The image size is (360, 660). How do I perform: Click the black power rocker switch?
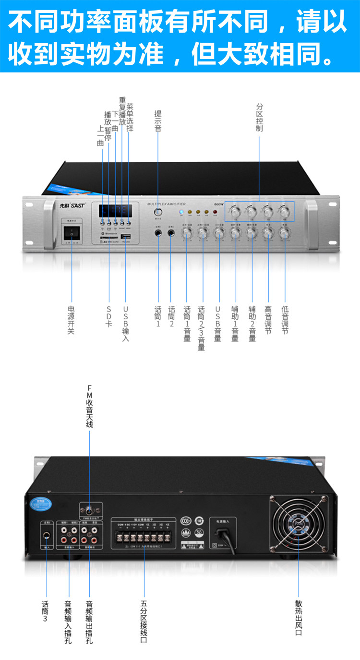coord(72,233)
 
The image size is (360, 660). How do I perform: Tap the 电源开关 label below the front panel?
coord(72,320)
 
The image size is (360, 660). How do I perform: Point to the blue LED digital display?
coord(115,211)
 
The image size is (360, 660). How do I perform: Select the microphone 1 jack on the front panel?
coord(158,233)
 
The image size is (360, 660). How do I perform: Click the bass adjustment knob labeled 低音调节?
coord(285,234)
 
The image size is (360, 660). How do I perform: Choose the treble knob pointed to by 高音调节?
coord(268,234)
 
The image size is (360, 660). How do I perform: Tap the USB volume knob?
coord(219,234)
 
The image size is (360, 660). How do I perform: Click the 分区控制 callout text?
coord(260,118)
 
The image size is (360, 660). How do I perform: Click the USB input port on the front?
coord(126,238)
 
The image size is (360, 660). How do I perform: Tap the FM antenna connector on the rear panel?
coord(90,510)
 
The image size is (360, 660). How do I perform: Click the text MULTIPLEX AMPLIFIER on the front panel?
coord(166,204)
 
